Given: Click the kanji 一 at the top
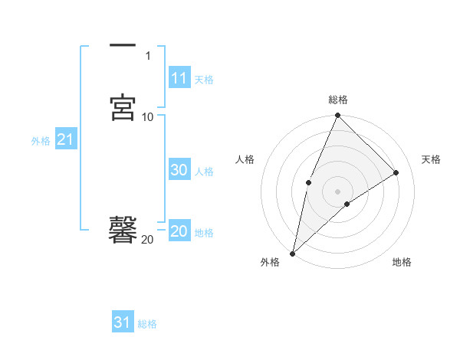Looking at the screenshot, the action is point(123,47).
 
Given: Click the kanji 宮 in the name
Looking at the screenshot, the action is point(123,107).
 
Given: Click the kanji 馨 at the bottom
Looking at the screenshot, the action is point(123,229).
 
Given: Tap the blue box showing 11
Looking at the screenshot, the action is point(179,78).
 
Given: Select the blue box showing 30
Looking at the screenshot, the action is point(179,171).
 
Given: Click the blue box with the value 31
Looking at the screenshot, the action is point(122,322).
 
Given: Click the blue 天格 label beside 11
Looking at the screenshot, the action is point(204,79).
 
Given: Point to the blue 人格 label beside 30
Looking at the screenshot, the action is point(204,172).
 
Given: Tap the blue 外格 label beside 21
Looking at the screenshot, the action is point(41,141).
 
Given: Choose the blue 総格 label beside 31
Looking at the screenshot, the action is point(147,324).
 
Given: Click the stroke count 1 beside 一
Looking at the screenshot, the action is point(148,56).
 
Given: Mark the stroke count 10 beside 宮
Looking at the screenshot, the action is point(148,116).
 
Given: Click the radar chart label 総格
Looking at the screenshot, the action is point(337,100).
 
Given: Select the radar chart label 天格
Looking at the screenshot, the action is point(431,159).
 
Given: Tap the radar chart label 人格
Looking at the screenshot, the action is point(245,159).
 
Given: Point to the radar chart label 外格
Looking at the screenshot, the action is point(270,262).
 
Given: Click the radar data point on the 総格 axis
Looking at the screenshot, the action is point(337,116).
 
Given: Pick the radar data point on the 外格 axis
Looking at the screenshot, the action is point(292,253).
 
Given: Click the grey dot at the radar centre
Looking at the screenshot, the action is point(337,191).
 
